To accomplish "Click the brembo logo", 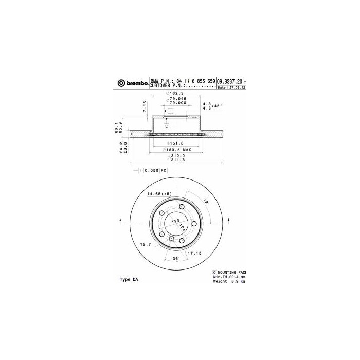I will [x=132, y=83].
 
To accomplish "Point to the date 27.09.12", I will [x=238, y=88].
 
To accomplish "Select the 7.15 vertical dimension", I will [x=146, y=106].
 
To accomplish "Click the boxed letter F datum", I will [x=170, y=111].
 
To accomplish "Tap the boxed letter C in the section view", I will [x=167, y=126].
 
